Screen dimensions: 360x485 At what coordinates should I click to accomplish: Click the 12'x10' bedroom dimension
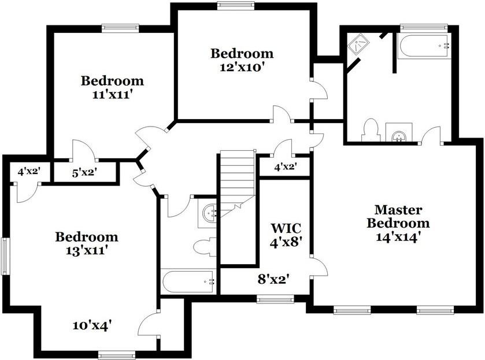[242, 66]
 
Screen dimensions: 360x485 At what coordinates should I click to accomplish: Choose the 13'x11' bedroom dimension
[86, 250]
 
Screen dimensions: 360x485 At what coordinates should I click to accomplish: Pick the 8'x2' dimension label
[273, 280]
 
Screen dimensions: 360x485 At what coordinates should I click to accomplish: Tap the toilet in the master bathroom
[369, 131]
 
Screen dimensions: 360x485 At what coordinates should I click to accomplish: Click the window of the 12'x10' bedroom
[235, 6]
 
